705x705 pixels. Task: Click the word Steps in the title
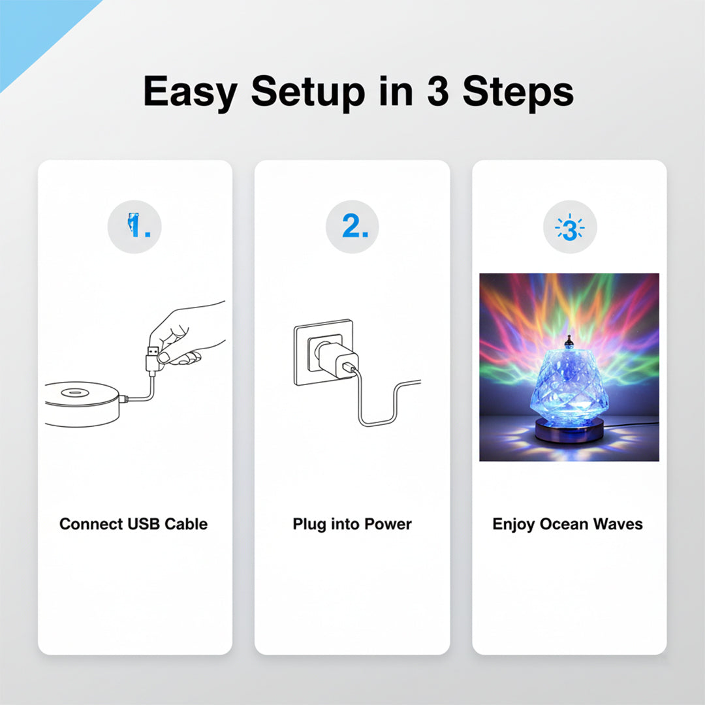pyautogui.click(x=518, y=93)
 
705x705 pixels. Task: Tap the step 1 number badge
pyautogui.click(x=134, y=227)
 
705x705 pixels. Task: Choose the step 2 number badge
pyautogui.click(x=352, y=227)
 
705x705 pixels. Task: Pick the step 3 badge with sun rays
pyautogui.click(x=570, y=227)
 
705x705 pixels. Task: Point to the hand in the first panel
pyautogui.click(x=187, y=333)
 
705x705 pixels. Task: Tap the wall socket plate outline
pyautogui.click(x=323, y=352)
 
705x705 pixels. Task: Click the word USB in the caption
pyautogui.click(x=144, y=524)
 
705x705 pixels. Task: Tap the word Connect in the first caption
pyautogui.click(x=91, y=524)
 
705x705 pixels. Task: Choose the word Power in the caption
pyautogui.click(x=388, y=524)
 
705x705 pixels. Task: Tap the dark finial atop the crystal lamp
pyautogui.click(x=569, y=342)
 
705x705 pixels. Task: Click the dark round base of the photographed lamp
pyautogui.click(x=569, y=430)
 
